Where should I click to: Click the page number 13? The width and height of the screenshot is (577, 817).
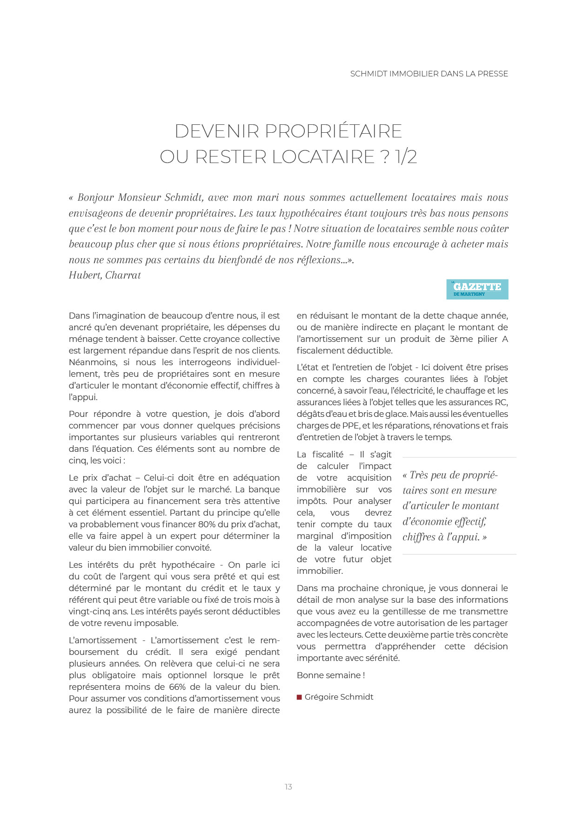coord(288,787)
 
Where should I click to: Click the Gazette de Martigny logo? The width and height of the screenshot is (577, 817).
coord(477,289)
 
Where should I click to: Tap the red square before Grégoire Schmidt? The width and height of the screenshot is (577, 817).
coord(299,697)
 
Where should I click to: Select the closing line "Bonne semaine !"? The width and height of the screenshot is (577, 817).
coord(331,675)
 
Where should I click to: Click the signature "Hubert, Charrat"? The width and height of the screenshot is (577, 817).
coord(105,275)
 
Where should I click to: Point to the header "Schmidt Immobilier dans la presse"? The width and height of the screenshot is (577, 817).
coord(429,74)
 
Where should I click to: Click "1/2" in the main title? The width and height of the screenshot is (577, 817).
coord(406,157)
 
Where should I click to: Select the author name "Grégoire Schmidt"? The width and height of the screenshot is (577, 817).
coord(339,697)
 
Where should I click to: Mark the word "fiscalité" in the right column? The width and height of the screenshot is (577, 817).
coord(328,455)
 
